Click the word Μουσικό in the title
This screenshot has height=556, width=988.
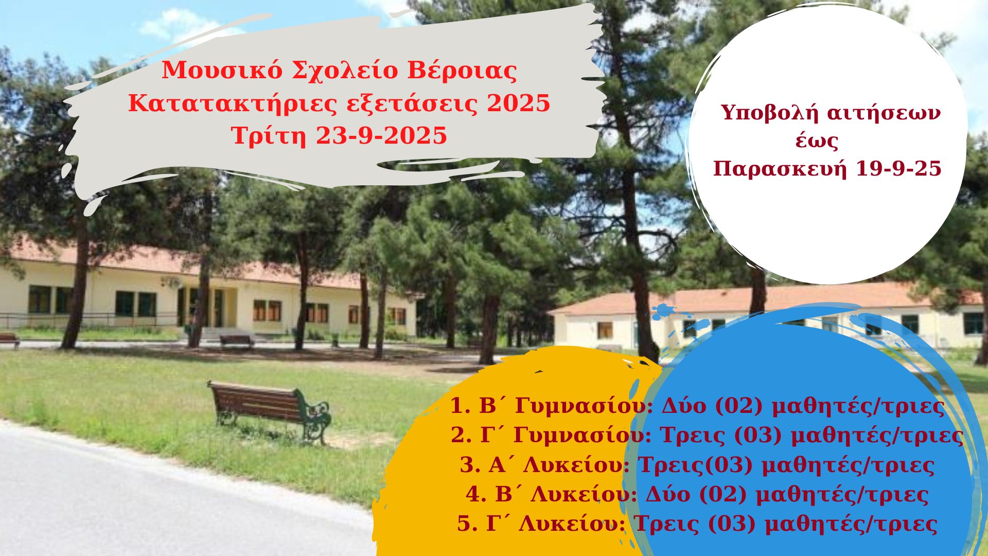pos(222,71)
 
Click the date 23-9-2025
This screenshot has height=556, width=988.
pos(381,136)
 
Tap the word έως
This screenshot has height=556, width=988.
pos(817,141)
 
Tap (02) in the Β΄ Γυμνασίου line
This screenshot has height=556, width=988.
pos(738,406)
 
